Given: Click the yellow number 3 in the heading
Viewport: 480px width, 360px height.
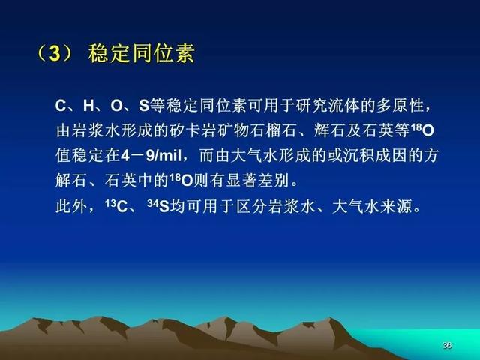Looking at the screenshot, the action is [x=55, y=54].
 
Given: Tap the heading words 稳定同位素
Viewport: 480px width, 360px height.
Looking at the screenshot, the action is [x=142, y=53].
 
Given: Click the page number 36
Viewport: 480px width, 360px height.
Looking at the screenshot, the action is [x=447, y=345].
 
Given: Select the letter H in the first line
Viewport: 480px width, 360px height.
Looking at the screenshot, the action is [x=88, y=106].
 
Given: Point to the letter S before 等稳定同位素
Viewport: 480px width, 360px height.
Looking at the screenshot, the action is [x=144, y=106].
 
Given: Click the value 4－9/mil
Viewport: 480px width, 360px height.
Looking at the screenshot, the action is [x=151, y=156].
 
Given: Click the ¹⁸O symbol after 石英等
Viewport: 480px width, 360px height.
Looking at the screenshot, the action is [x=422, y=130].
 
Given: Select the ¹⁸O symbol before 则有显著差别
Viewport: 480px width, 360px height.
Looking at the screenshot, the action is [x=181, y=181].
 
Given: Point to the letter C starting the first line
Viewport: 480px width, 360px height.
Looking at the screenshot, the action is [x=60, y=106].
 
